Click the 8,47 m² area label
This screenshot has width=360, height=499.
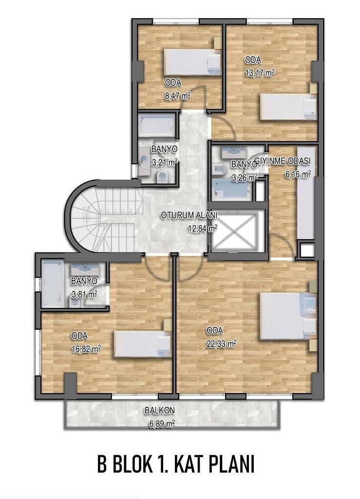point(178,95)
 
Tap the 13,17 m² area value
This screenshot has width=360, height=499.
point(260,73)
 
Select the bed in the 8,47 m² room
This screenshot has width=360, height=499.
point(193,62)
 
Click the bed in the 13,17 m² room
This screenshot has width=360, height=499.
point(289,107)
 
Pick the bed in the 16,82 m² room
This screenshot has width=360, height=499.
point(143,344)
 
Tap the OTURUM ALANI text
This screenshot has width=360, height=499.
point(189,215)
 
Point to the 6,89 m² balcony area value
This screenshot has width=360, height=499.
point(162,424)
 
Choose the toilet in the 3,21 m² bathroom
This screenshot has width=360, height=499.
point(163,176)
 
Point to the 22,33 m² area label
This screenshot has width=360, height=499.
point(221,344)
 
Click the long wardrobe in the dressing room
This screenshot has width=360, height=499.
point(305,192)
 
